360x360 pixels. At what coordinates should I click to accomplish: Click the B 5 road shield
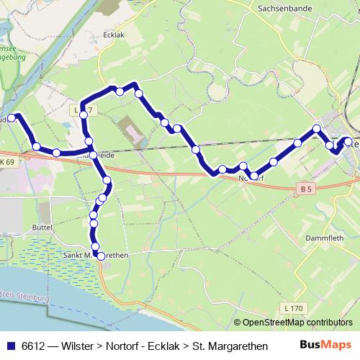pyautogui.click(x=307, y=189)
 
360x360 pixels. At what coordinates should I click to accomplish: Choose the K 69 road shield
pyautogui.click(x=7, y=163)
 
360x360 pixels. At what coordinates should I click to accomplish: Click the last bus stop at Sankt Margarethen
pyautogui.click(x=101, y=256)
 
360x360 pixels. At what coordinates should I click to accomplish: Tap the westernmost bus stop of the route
pyautogui.click(x=12, y=117)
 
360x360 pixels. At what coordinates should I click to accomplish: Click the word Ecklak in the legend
pyautogui.click(x=163, y=345)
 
